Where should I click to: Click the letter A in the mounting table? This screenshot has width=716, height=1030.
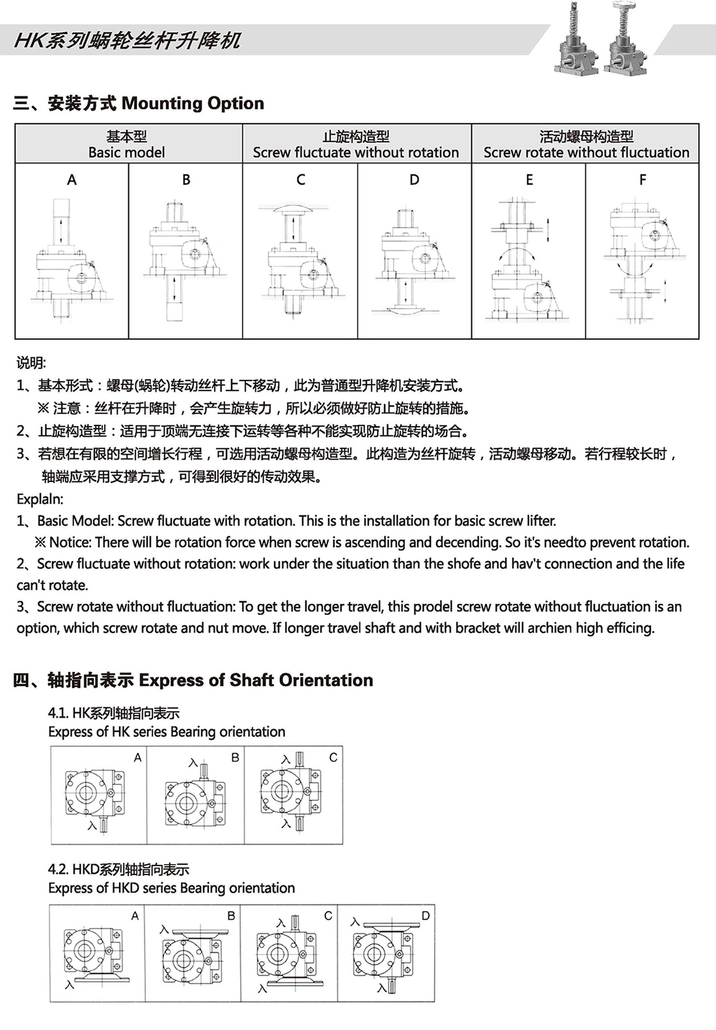pos(72,180)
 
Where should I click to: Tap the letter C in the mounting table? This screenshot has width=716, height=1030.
pos(300,180)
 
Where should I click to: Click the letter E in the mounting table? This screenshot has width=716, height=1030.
pos(529,180)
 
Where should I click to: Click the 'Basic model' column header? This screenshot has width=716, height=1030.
pos(127,152)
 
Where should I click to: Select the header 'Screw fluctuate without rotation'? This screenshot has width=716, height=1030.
pos(356,152)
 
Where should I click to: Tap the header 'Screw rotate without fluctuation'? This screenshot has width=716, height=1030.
pos(586,152)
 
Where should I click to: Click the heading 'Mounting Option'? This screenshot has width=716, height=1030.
pos(193,103)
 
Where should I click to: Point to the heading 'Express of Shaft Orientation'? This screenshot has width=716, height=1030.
pos(256,681)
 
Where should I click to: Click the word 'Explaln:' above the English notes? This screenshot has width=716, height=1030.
pos(40,499)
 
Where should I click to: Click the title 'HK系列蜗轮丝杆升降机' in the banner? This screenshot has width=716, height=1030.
pos(128,40)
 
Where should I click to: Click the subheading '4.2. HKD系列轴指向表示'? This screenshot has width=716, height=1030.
pos(118,869)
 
